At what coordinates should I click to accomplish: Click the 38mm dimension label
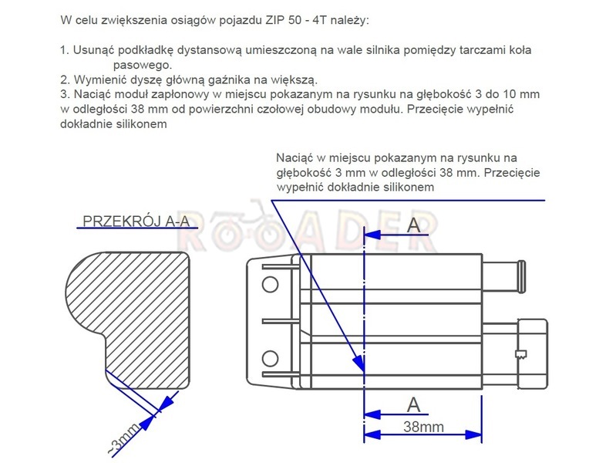click(423, 427)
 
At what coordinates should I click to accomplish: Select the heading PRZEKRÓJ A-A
click(136, 221)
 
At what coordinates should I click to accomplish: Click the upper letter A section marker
click(413, 225)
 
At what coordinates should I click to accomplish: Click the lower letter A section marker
click(413, 405)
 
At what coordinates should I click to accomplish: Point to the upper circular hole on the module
click(270, 284)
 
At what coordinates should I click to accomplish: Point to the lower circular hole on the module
click(270, 358)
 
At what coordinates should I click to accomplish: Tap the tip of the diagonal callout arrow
click(363, 371)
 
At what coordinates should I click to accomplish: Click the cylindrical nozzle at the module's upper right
click(504, 276)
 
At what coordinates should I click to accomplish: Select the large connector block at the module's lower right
click(533, 353)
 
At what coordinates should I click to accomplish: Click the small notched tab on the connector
click(521, 354)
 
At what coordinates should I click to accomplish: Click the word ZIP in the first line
click(275, 20)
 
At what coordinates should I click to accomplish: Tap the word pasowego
click(143, 65)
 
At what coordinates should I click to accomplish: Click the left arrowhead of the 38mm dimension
click(372, 434)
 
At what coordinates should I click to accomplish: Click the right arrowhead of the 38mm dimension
click(473, 434)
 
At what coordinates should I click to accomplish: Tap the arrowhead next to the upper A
click(372, 235)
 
